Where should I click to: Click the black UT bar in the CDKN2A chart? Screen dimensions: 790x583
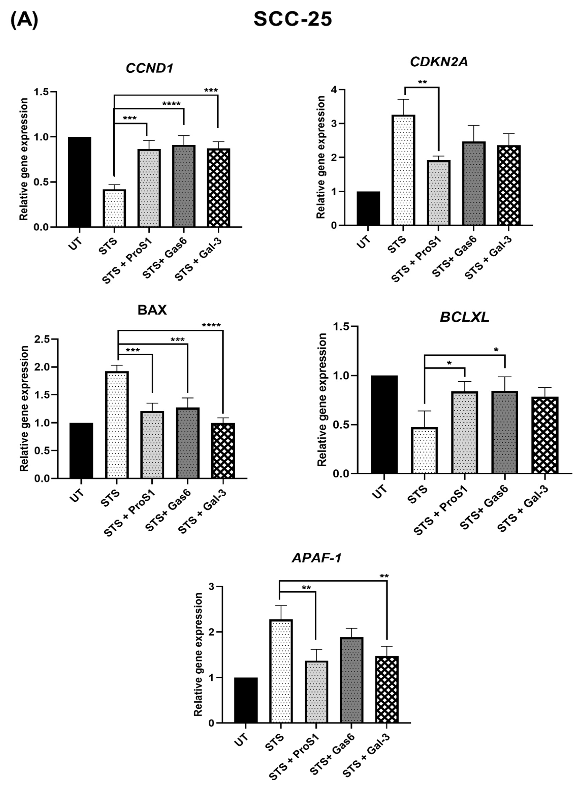(x=368, y=208)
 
